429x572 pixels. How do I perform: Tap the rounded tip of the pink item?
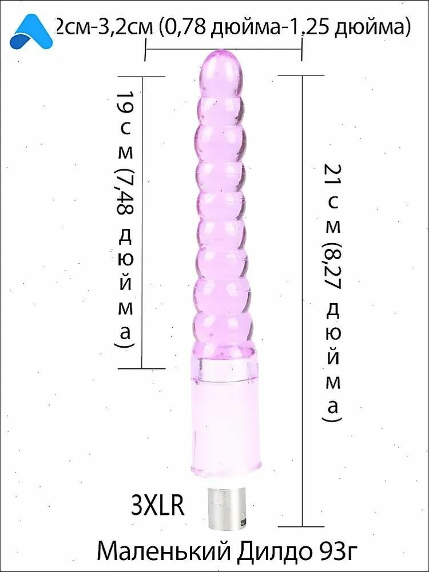(x=223, y=69)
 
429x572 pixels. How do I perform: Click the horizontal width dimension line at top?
(x=224, y=50)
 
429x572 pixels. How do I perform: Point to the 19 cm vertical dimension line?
(x=142, y=223)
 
